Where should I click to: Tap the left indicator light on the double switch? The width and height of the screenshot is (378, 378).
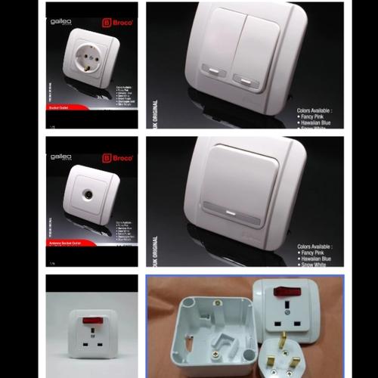point(214,74)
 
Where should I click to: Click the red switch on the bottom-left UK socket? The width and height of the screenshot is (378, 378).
point(88,321)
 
